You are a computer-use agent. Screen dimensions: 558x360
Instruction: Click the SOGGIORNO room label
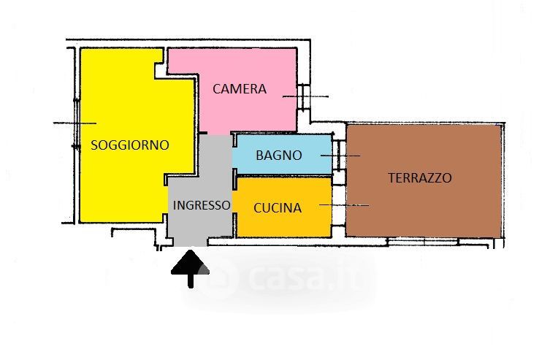(129, 145)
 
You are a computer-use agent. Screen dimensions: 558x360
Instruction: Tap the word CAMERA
(240, 89)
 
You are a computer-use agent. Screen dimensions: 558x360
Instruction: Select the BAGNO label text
(278, 155)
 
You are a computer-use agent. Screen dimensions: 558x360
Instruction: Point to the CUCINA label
(277, 207)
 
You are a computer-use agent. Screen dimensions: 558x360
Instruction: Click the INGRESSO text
(202, 205)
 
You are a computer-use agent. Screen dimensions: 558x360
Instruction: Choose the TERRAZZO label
(420, 177)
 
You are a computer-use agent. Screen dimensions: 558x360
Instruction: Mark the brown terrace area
(438, 212)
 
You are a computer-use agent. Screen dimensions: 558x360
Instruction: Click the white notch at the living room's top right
(160, 66)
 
